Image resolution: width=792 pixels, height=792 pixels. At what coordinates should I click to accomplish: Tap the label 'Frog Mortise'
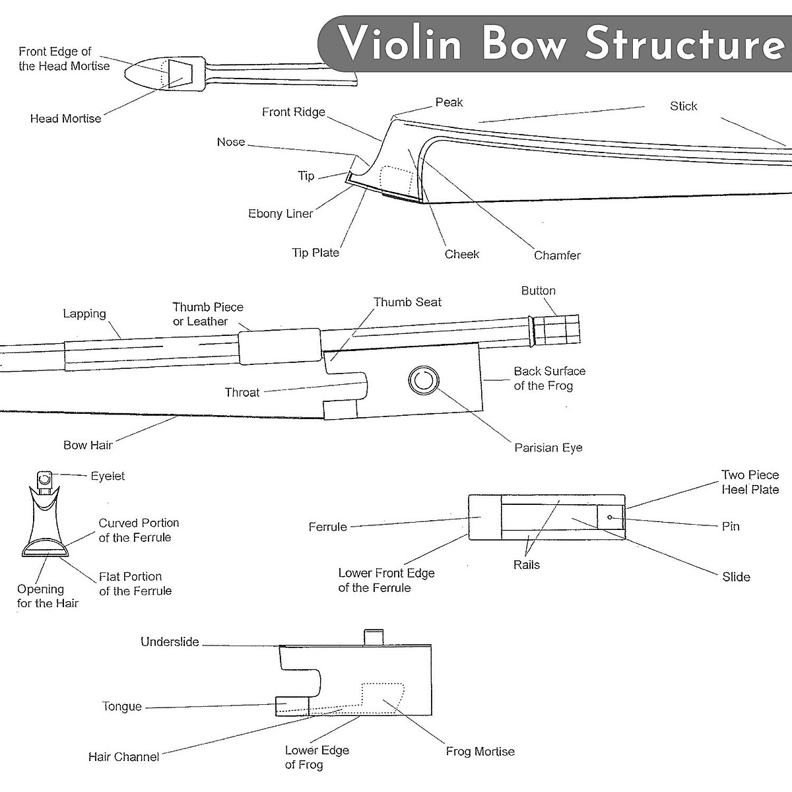480,751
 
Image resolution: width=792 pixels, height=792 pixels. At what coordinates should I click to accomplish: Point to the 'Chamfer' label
557,255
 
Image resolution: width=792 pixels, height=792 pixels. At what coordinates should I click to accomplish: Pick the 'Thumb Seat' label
407,302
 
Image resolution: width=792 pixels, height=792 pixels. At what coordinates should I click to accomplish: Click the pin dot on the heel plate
610,517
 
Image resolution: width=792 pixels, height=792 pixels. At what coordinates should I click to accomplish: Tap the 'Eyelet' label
108,476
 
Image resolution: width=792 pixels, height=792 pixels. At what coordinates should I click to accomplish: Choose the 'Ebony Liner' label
280,214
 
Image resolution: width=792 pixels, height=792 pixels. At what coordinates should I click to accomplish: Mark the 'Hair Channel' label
123,757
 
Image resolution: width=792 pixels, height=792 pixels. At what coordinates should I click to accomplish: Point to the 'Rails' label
526,565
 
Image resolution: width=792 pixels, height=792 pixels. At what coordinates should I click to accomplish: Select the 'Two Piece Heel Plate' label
750,482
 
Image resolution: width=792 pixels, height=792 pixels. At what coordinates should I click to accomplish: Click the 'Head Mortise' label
65,119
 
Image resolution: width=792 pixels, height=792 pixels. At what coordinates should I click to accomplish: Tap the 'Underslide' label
170,642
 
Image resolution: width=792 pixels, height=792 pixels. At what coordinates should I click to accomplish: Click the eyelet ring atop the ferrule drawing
45,478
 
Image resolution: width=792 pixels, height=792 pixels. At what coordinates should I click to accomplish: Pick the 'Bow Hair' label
88,445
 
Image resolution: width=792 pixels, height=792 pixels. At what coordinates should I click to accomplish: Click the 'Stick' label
683,106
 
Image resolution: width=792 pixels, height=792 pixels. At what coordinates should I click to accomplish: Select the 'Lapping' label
84,314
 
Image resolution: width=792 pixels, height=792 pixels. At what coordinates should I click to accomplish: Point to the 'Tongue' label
122,706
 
